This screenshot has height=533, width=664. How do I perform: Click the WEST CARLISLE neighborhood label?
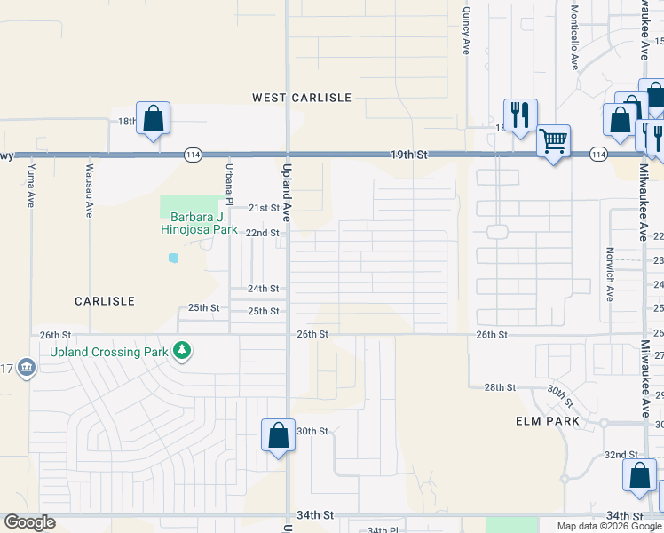[302, 98]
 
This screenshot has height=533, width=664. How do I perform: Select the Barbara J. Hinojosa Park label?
[199, 223]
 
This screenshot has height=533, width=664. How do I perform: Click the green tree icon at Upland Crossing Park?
[182, 351]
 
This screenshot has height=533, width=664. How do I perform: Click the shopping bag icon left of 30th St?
[278, 435]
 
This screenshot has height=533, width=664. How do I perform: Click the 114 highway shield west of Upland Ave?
[193, 155]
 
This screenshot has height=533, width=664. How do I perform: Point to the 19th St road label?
[409, 155]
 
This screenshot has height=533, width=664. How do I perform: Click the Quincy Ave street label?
[466, 32]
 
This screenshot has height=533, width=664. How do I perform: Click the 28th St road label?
[500, 387]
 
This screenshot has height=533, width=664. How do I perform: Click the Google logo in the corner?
[29, 523]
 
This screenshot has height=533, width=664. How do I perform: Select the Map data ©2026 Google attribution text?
[608, 526]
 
